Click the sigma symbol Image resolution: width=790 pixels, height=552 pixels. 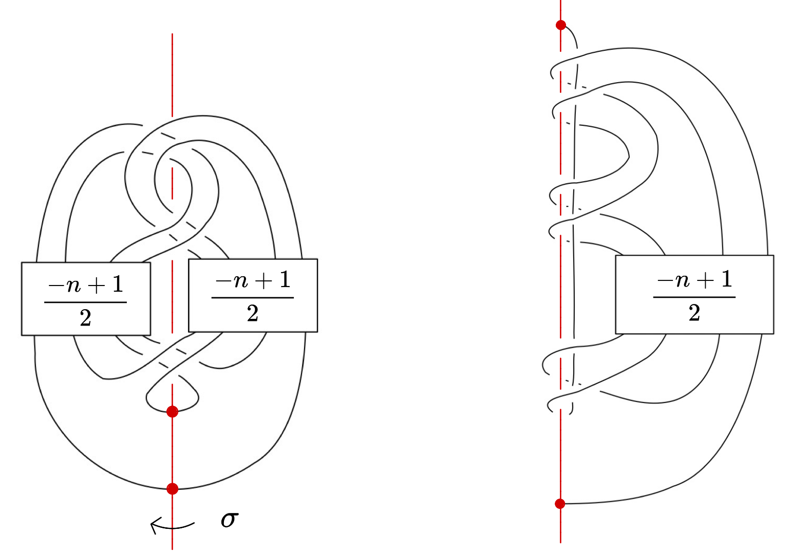click(230, 520)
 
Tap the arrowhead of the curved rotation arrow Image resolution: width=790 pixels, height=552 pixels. click(154, 524)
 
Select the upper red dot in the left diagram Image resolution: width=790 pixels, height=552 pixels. click(172, 411)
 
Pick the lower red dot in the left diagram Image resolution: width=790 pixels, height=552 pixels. click(172, 489)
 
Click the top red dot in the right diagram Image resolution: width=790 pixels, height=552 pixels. click(561, 25)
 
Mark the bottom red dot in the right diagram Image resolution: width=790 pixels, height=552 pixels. click(560, 504)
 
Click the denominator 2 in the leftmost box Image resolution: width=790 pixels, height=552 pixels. click(85, 318)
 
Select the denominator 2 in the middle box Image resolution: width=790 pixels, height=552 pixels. click(252, 313)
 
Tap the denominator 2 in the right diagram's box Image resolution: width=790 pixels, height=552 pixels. click(694, 313)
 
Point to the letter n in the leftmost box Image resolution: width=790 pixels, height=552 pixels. click(74, 285)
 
